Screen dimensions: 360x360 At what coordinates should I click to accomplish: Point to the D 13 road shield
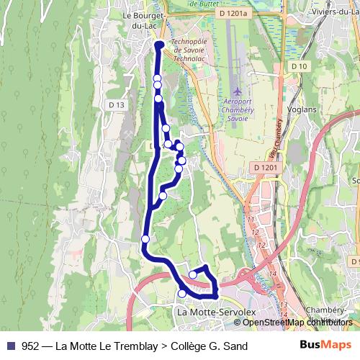(x=117, y=105)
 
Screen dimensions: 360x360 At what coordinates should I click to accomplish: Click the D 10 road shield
(x=300, y=66)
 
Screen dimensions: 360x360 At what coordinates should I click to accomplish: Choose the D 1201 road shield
(x=266, y=168)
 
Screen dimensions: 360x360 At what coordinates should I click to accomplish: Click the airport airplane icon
(x=239, y=92)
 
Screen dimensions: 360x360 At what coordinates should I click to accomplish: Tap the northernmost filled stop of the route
(x=159, y=45)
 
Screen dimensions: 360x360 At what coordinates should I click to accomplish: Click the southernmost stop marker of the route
(x=182, y=293)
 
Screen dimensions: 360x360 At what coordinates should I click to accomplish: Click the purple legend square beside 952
(x=10, y=346)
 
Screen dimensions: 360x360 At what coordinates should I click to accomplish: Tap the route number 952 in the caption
(x=30, y=346)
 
